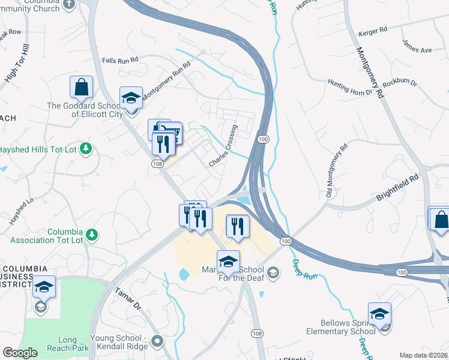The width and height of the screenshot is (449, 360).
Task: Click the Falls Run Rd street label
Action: [x=120, y=60]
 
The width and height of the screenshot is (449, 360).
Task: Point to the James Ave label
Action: [x=417, y=46]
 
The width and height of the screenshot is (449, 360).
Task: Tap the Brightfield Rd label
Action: [x=397, y=188]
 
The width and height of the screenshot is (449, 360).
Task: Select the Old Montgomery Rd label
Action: [x=336, y=171]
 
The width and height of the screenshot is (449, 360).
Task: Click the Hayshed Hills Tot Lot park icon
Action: [x=86, y=148]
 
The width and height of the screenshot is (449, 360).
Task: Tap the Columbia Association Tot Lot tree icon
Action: [x=91, y=233]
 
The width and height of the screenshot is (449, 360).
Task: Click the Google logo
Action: [x=20, y=353]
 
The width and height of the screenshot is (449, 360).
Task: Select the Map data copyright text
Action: [x=423, y=355]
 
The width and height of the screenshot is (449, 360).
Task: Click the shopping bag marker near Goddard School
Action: [x=81, y=87]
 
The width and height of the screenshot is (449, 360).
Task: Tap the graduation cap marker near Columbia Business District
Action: [x=43, y=287]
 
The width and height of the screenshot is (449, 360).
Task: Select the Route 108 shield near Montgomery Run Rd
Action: [x=157, y=164]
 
